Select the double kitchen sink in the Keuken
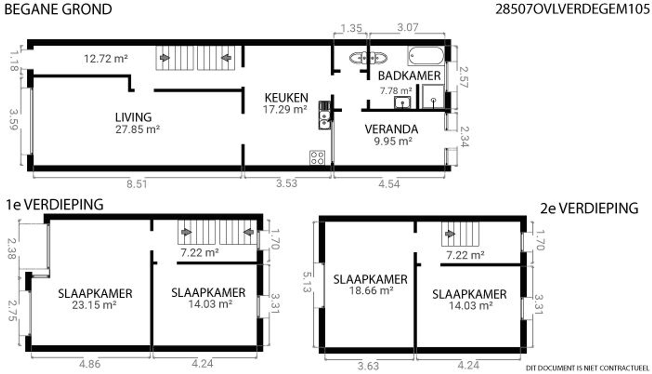(x=324, y=115)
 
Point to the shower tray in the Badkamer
(x=433, y=96)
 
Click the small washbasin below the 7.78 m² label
(x=402, y=103)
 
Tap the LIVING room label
(x=133, y=117)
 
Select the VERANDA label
(x=391, y=129)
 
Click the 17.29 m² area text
(x=285, y=109)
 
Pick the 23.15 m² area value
(x=94, y=305)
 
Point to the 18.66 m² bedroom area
(x=371, y=290)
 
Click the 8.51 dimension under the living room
(x=137, y=184)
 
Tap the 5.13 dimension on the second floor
(x=306, y=282)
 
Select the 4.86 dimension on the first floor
(x=90, y=364)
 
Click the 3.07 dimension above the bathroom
(x=407, y=28)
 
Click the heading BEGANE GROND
(x=58, y=9)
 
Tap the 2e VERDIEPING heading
(x=589, y=208)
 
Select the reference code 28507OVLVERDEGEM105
(x=572, y=9)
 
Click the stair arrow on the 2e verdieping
(x=450, y=234)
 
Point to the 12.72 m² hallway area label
(x=106, y=59)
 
